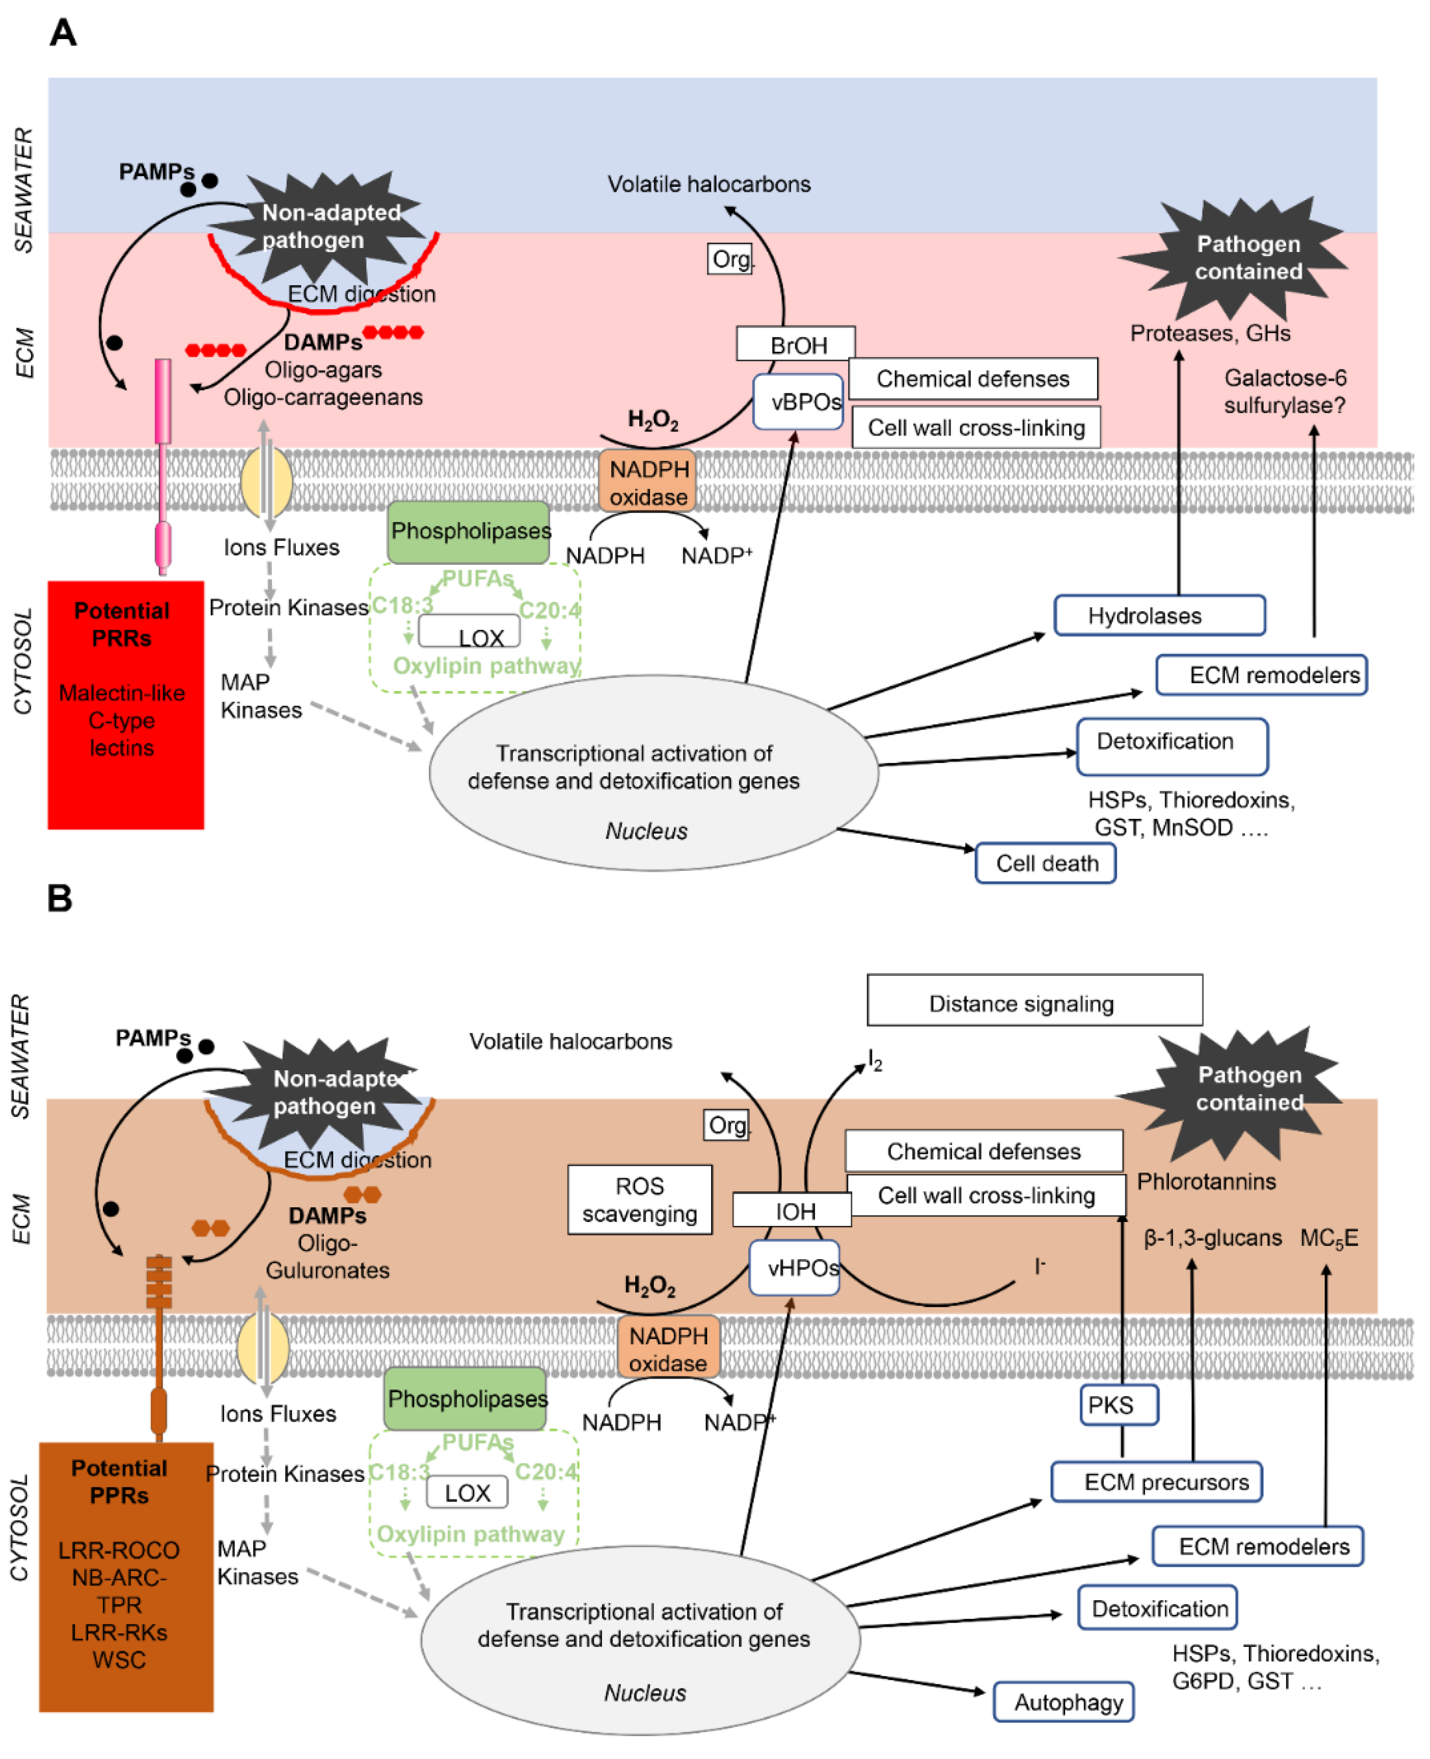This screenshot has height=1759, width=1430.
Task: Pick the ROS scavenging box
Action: [x=646, y=1211]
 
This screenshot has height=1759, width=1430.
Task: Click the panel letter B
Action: [x=60, y=906]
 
